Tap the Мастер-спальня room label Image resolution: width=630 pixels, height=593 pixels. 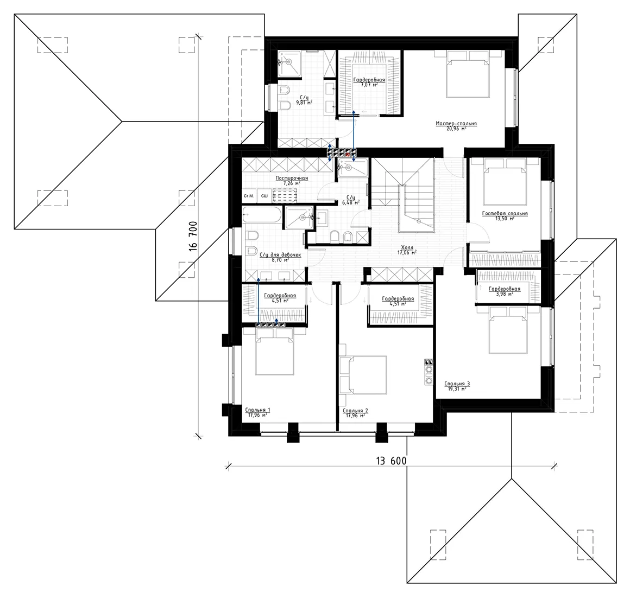tap(456, 124)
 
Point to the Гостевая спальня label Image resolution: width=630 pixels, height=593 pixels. tap(505, 214)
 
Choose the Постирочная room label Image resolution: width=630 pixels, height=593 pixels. tap(292, 178)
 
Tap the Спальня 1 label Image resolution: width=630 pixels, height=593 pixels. tap(257, 410)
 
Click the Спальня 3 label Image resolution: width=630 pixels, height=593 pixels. tap(456, 384)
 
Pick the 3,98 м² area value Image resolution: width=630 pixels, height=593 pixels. tap(504, 295)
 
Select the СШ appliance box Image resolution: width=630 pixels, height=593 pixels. tap(264, 196)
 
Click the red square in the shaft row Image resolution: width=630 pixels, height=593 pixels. tap(348, 153)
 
